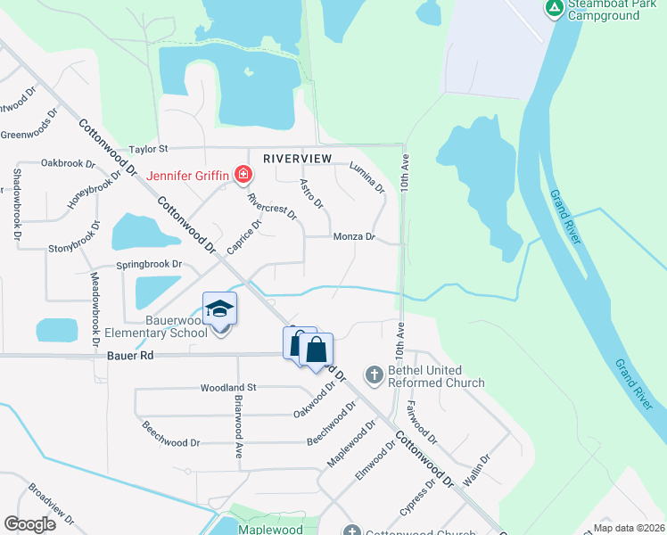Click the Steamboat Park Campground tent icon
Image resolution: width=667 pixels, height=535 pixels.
pyautogui.click(x=554, y=9)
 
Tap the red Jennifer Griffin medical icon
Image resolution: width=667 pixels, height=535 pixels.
pyautogui.click(x=242, y=176)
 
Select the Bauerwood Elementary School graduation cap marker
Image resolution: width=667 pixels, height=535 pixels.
pyautogui.click(x=220, y=309)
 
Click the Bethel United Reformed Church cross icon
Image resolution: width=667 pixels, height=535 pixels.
pyautogui.click(x=375, y=375)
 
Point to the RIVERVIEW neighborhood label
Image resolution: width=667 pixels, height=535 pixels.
pyautogui.click(x=297, y=158)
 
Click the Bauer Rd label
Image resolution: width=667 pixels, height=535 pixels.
pyautogui.click(x=130, y=355)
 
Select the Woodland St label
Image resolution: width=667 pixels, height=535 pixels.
pyautogui.click(x=228, y=388)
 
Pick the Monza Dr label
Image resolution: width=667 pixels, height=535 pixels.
pyautogui.click(x=354, y=237)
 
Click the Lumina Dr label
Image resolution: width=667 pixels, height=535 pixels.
pyautogui.click(x=366, y=177)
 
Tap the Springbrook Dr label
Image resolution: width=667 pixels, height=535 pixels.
pyautogui.click(x=149, y=265)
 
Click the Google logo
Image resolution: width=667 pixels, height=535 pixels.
pyautogui.click(x=30, y=524)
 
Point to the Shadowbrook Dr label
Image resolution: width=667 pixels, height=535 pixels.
pyautogui.click(x=15, y=204)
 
